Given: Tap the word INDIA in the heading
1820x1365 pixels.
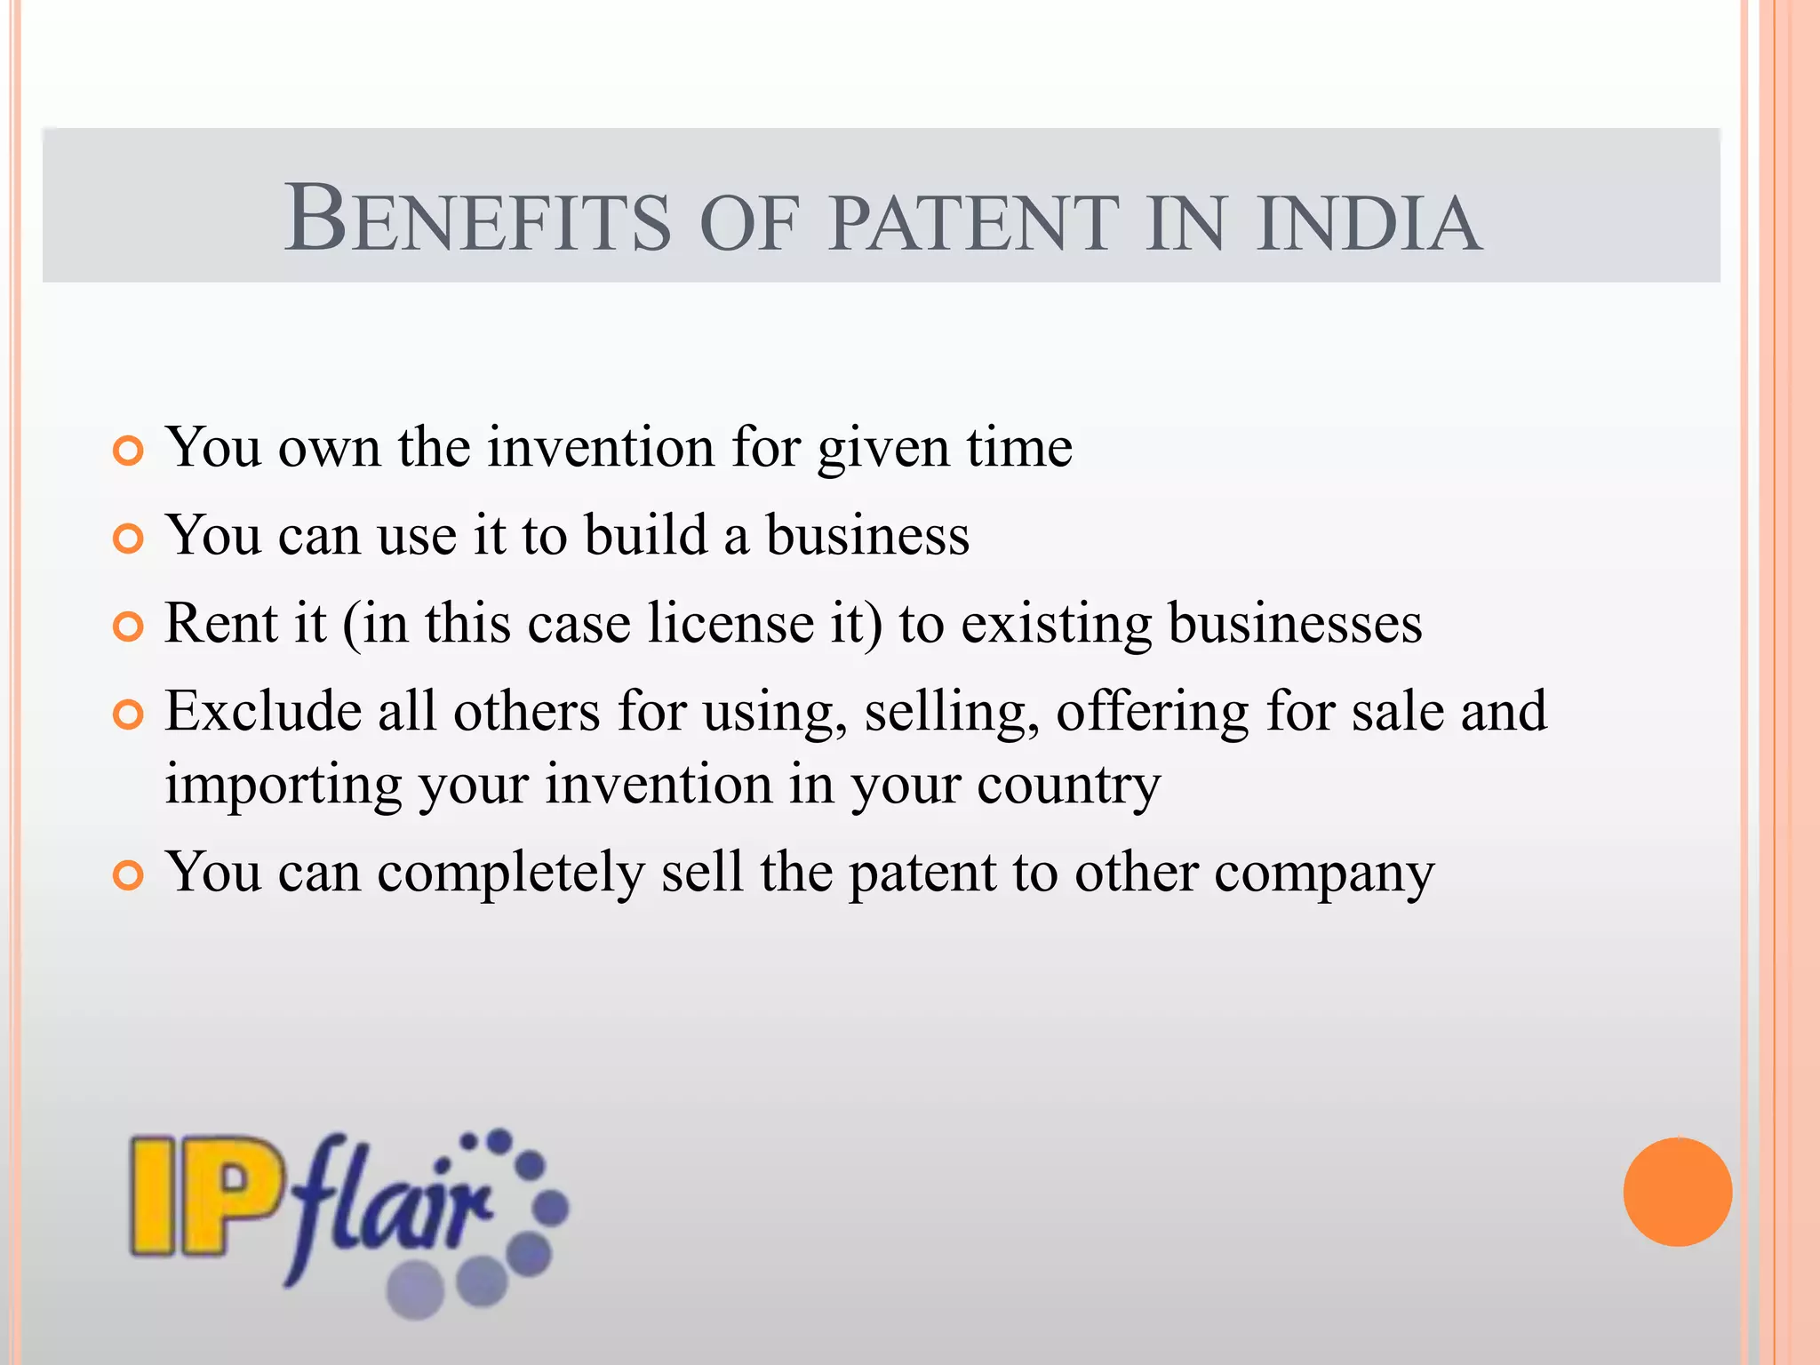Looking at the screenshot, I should click(x=1369, y=222).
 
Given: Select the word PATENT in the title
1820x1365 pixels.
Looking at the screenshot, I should click(x=973, y=222).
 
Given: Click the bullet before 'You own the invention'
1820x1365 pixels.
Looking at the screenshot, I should click(x=129, y=451).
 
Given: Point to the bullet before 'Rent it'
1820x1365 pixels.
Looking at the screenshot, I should click(x=129, y=627).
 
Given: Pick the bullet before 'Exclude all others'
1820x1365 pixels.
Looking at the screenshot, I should click(x=129, y=715).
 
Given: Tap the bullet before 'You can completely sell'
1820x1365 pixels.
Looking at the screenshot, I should click(x=129, y=876).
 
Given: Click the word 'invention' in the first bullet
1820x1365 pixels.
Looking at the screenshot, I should click(x=601, y=447).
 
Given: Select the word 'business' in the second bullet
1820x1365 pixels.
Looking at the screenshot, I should click(x=867, y=536).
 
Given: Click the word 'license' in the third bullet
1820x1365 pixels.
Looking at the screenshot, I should click(x=730, y=623).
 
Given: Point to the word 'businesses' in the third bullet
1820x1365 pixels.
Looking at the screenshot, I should click(x=1295, y=623).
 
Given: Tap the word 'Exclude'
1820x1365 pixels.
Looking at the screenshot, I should click(x=263, y=712).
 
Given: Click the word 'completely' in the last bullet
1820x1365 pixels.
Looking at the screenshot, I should click(x=510, y=874).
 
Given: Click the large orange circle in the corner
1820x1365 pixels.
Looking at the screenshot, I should click(x=1677, y=1192).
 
